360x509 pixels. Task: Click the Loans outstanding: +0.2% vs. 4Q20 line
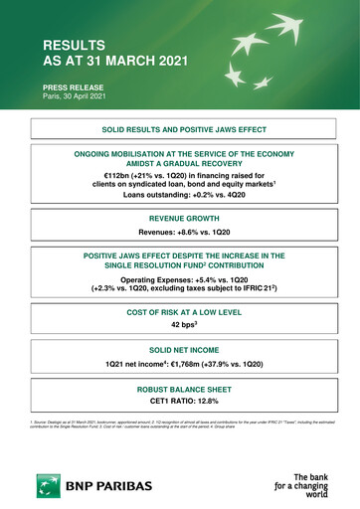point(180,196)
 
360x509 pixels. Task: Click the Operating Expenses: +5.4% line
point(180,281)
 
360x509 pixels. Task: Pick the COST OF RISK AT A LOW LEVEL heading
point(180,312)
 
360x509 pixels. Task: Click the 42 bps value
point(180,324)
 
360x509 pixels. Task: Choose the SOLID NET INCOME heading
point(180,353)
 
